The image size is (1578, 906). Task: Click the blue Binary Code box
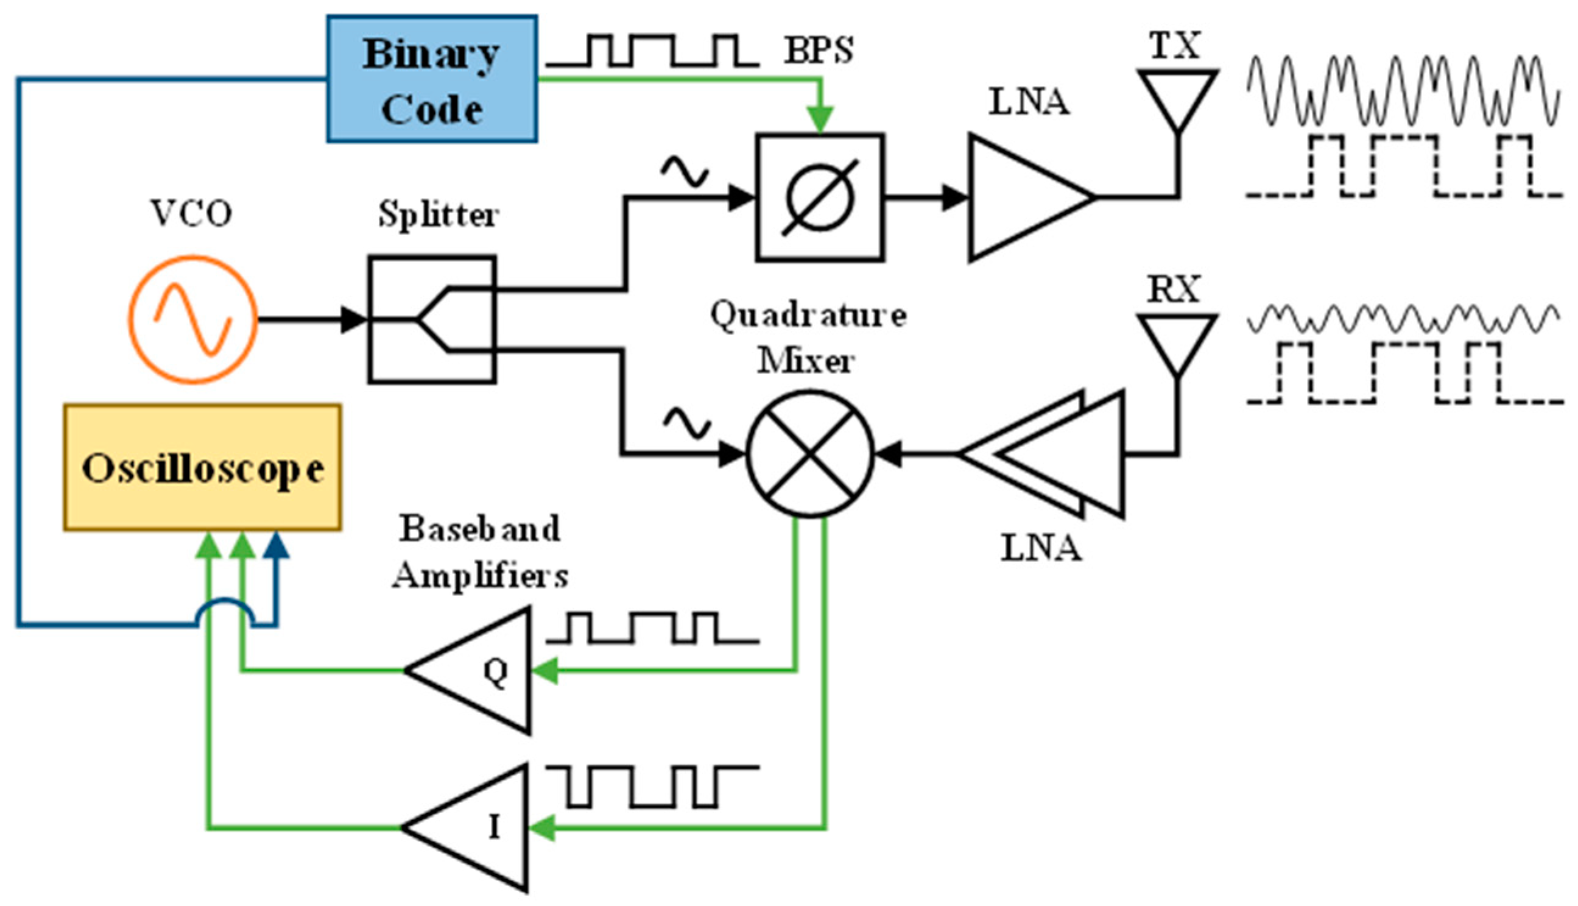point(432,79)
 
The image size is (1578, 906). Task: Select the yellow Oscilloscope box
point(202,467)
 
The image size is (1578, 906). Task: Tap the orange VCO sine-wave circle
point(193,319)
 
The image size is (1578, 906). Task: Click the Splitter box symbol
point(432,319)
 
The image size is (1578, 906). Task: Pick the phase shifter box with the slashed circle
point(820,197)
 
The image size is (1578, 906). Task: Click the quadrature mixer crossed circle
point(809,454)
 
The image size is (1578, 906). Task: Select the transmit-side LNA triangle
point(1020,197)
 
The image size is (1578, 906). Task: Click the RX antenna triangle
point(1177,341)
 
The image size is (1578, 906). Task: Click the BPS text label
point(819,50)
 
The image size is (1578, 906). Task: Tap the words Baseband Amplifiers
point(479,552)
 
